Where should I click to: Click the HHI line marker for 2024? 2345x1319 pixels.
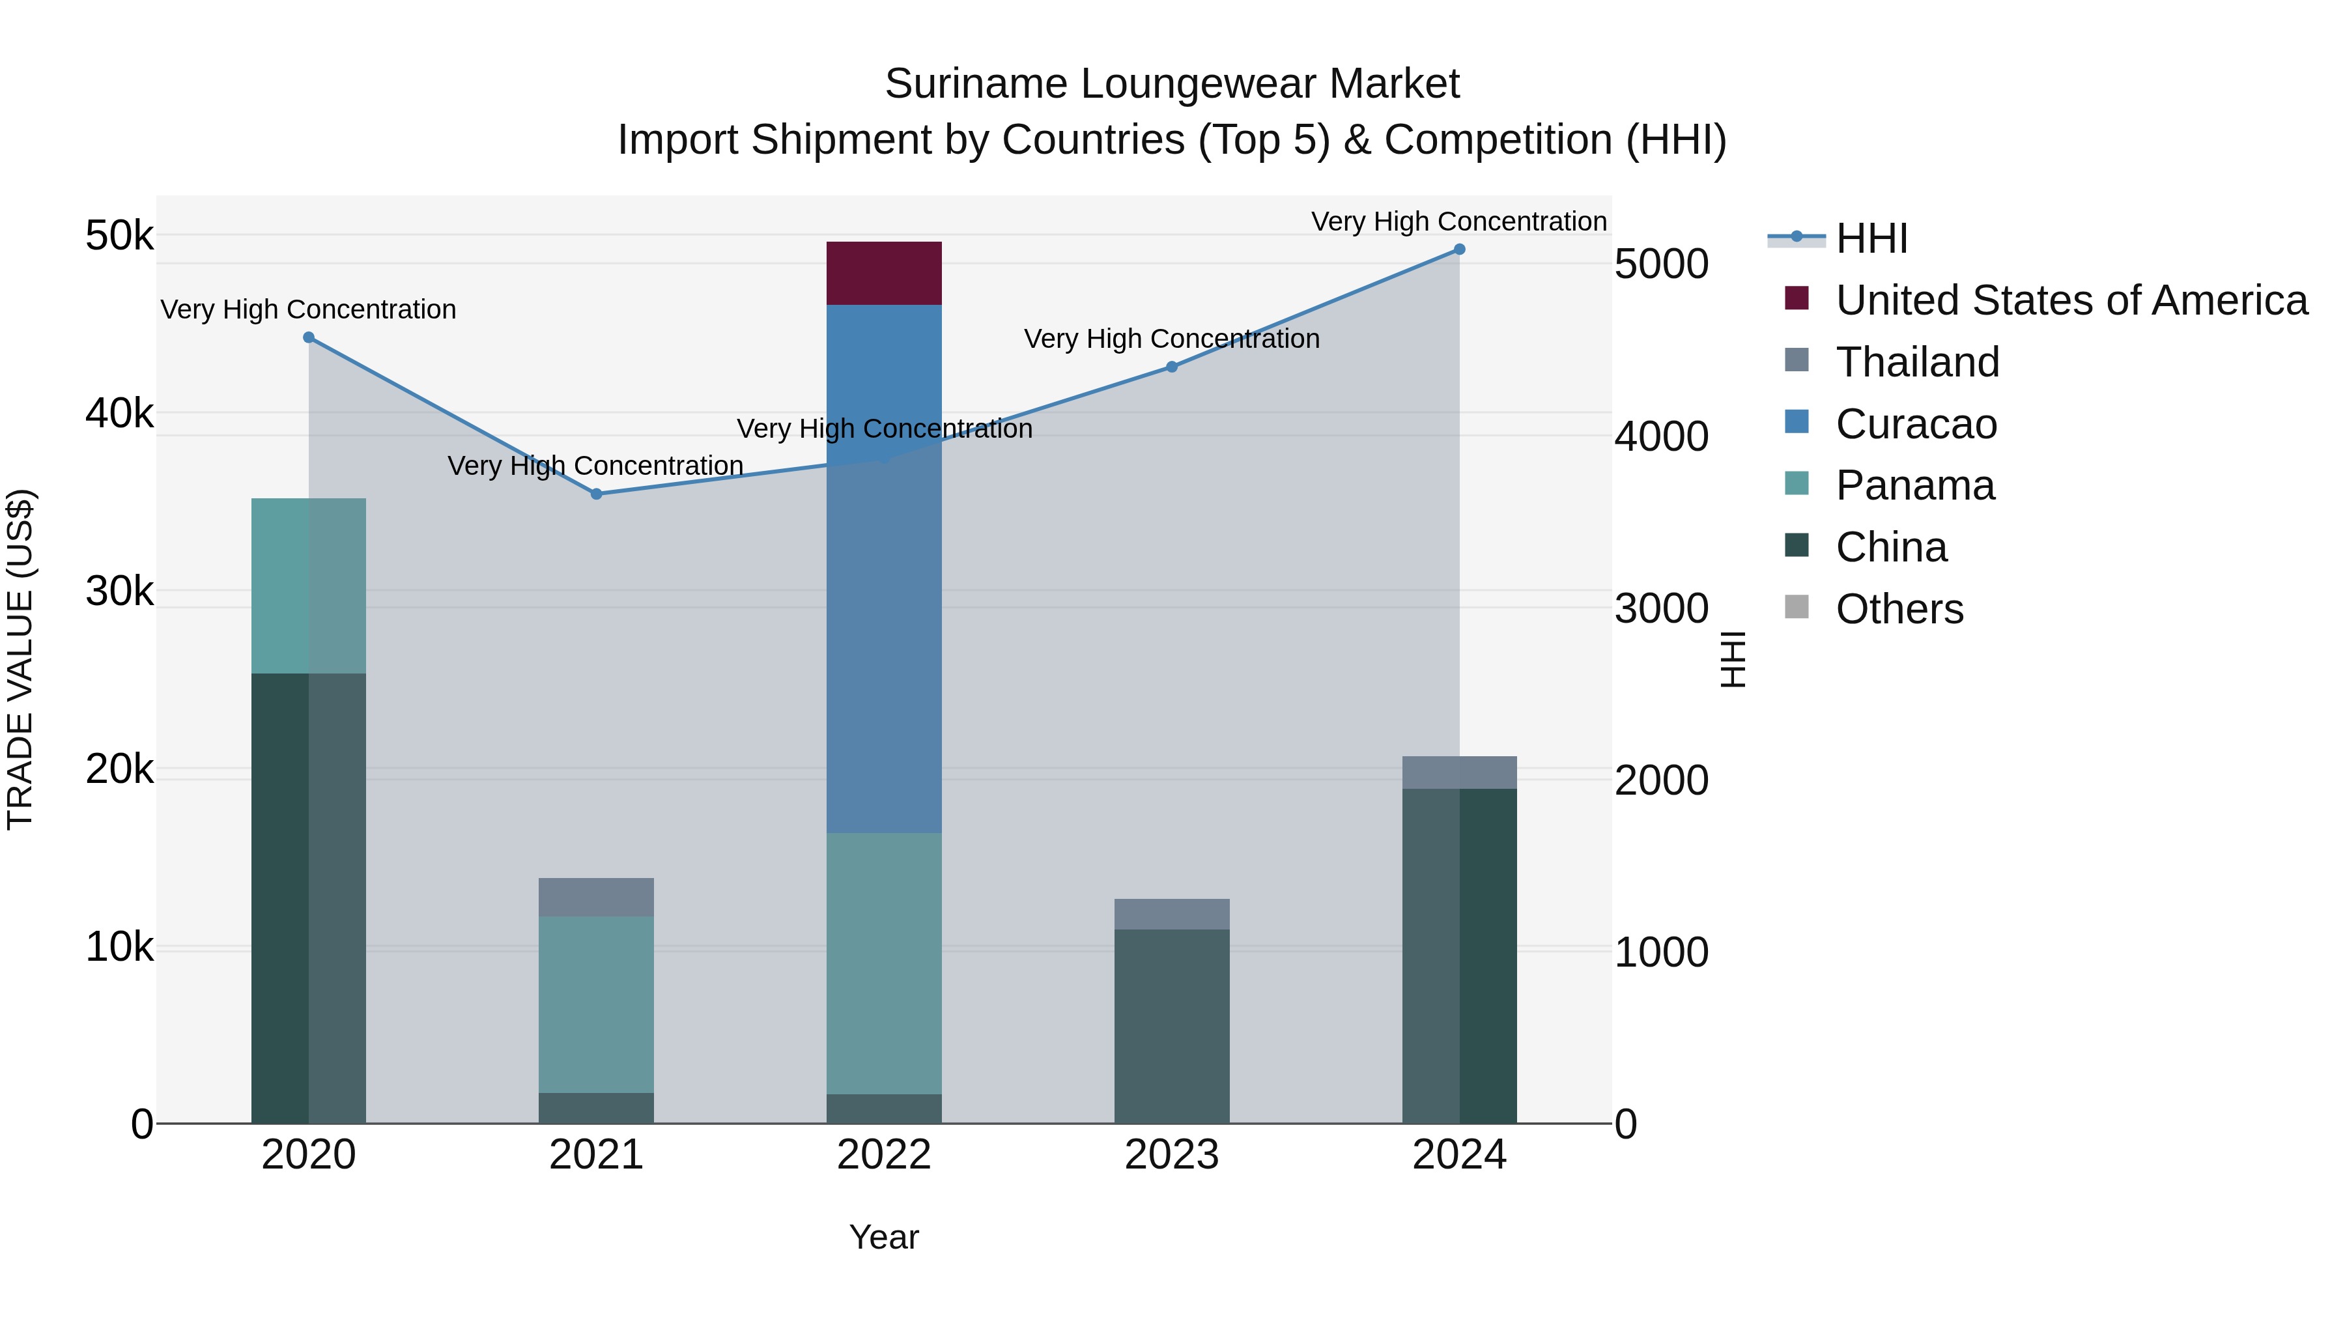pyautogui.click(x=1458, y=249)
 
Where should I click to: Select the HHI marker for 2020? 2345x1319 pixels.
pyautogui.click(x=309, y=337)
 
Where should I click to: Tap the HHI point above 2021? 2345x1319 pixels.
pyautogui.click(x=596, y=494)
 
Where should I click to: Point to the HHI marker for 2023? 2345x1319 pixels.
pyautogui.click(x=1172, y=367)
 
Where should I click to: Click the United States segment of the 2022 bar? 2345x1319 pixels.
pyautogui.click(x=883, y=273)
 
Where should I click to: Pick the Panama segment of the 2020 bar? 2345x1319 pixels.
pyautogui.click(x=309, y=586)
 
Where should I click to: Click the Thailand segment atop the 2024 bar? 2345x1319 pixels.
pyautogui.click(x=1458, y=772)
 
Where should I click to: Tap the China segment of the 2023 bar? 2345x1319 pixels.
pyautogui.click(x=1172, y=1026)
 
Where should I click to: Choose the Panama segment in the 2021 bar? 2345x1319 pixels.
pyautogui.click(x=596, y=1004)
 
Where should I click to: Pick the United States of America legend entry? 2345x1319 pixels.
pyautogui.click(x=2071, y=300)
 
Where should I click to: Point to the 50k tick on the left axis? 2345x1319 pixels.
pyautogui.click(x=119, y=236)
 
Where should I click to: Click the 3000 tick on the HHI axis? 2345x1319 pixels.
pyautogui.click(x=1661, y=608)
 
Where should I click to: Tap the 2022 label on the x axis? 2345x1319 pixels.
pyautogui.click(x=883, y=1155)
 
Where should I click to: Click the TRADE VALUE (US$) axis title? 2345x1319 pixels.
pyautogui.click(x=20, y=659)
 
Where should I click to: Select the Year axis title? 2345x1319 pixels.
pyautogui.click(x=883, y=1237)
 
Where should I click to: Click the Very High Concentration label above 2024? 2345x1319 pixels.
pyautogui.click(x=1458, y=221)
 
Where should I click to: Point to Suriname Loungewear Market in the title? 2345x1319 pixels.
pyautogui.click(x=1172, y=84)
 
